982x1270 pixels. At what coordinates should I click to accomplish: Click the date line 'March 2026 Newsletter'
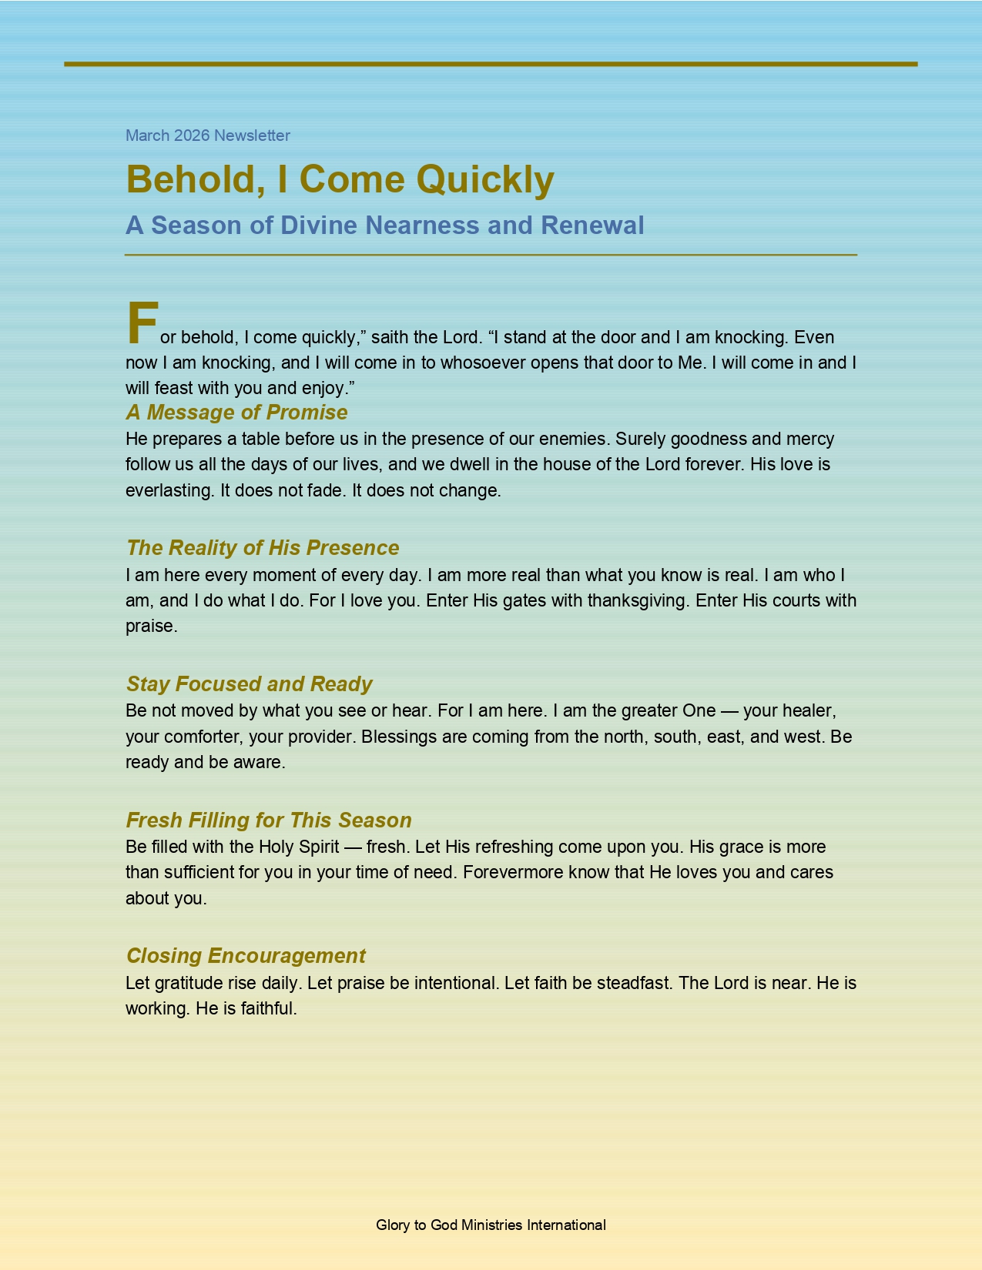(x=208, y=135)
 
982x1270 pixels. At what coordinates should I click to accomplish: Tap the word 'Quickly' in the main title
(x=485, y=180)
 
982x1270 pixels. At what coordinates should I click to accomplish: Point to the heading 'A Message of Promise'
(x=236, y=413)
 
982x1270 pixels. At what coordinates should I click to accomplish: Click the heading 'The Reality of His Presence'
(x=263, y=547)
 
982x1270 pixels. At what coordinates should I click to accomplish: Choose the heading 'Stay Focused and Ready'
(x=249, y=683)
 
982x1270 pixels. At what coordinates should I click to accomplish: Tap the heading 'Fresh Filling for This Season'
(x=269, y=820)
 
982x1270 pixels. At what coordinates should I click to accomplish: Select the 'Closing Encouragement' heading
(x=246, y=955)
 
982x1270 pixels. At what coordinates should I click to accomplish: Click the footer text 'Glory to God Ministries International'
(x=491, y=1225)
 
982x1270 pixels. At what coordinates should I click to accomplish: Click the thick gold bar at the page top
(x=491, y=64)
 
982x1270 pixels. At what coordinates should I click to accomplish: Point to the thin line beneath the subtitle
(x=491, y=254)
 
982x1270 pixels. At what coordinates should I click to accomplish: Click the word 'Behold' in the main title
(x=190, y=180)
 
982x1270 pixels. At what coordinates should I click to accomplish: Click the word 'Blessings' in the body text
(x=398, y=737)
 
